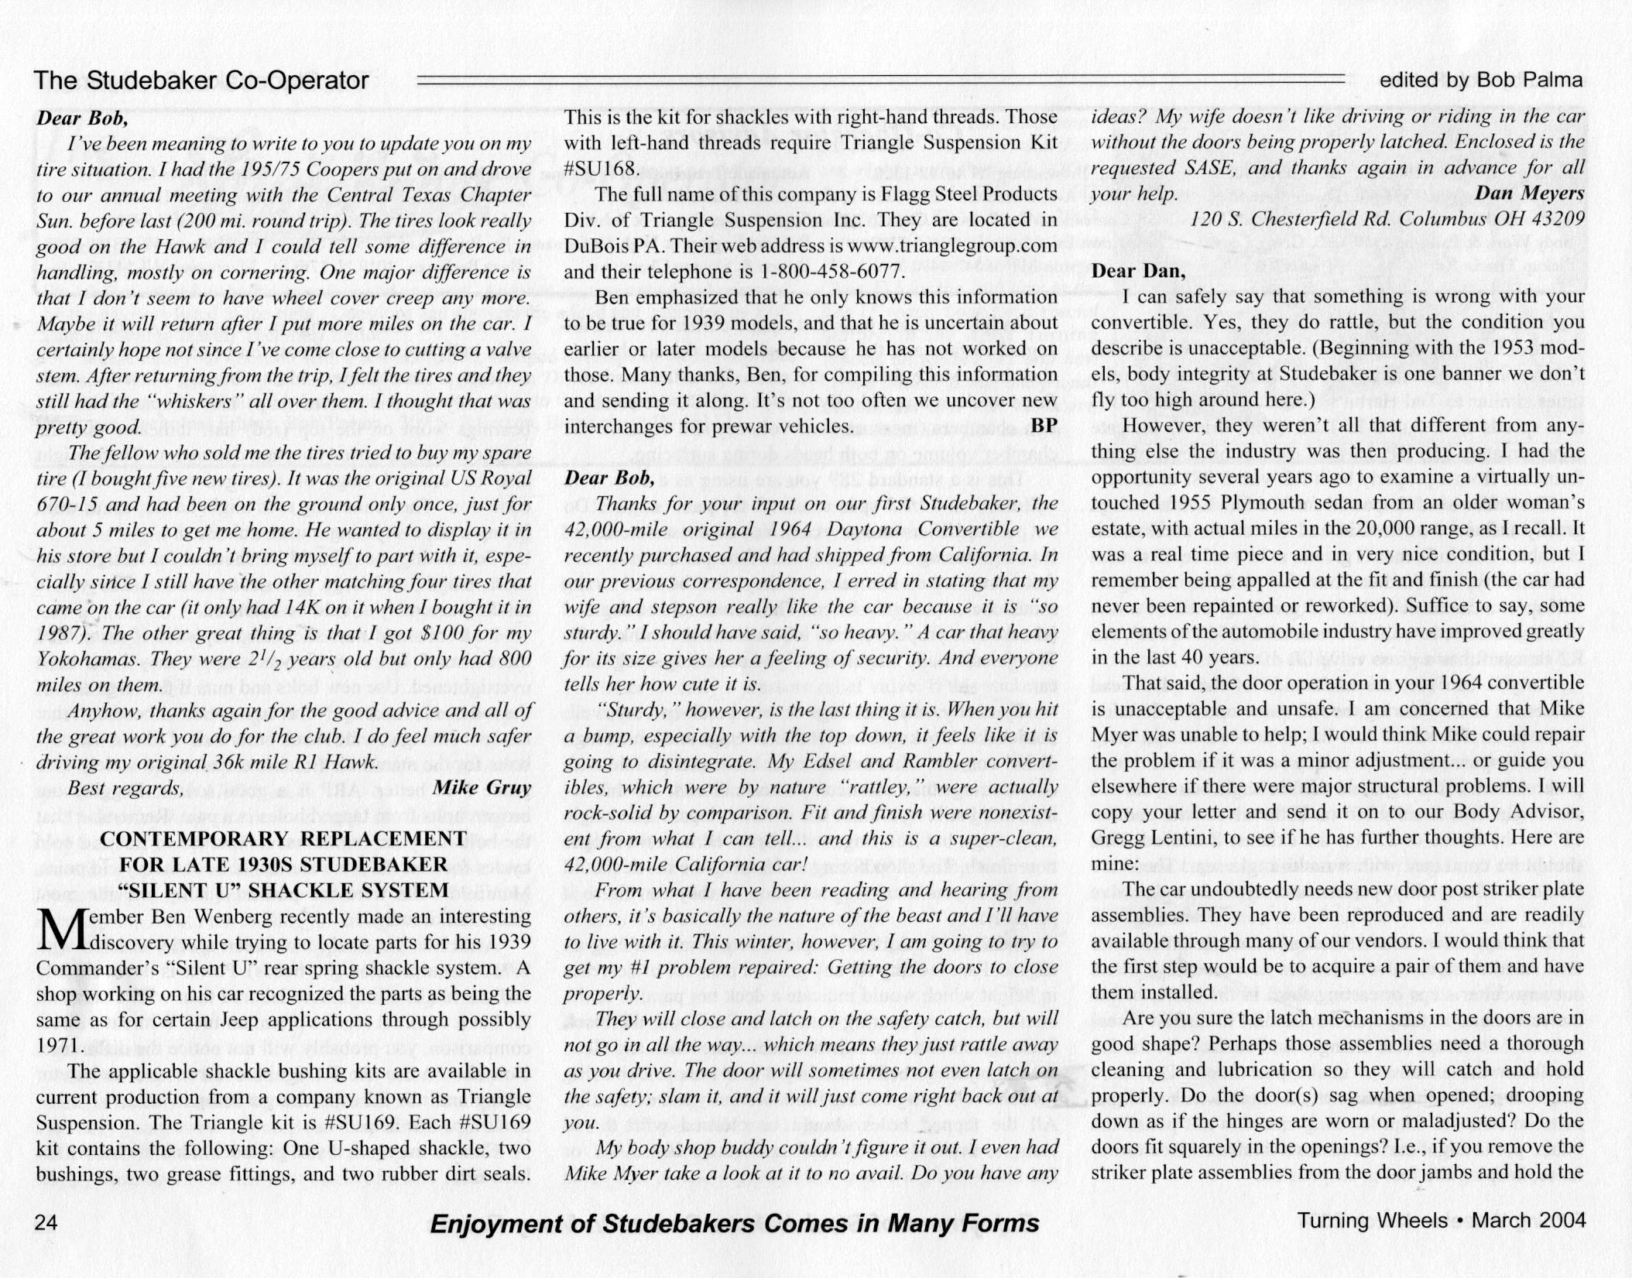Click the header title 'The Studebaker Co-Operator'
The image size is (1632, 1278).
[x=201, y=81]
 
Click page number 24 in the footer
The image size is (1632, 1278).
[x=46, y=1222]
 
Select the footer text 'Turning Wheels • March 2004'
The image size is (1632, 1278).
[x=1442, y=1221]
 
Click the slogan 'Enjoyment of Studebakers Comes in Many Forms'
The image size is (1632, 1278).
[x=734, y=1224]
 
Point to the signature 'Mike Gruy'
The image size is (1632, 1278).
[x=482, y=788]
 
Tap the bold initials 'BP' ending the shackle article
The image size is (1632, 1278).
[x=1044, y=427]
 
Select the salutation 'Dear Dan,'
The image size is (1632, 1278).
[x=1137, y=271]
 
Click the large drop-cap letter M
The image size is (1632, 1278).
[x=56, y=929]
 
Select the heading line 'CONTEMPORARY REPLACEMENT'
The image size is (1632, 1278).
[x=283, y=839]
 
